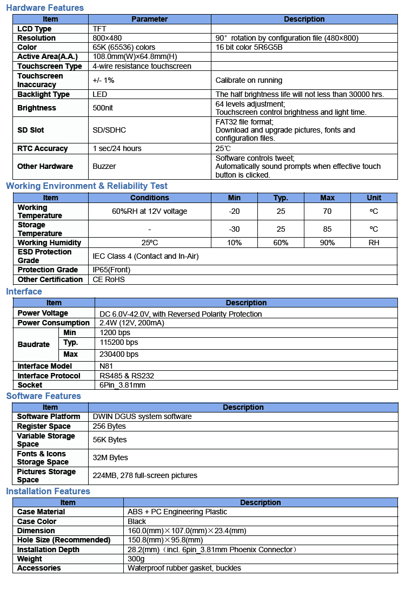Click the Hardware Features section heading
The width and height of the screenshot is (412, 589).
pyautogui.click(x=45, y=8)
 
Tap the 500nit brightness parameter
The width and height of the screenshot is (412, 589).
pyautogui.click(x=103, y=108)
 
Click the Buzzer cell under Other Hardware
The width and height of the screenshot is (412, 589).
pyautogui.click(x=104, y=166)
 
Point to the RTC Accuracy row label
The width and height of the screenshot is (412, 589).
pyautogui.click(x=43, y=148)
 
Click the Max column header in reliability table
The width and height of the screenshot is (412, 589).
pyautogui.click(x=327, y=198)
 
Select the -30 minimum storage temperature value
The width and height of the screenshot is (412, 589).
pyautogui.click(x=234, y=229)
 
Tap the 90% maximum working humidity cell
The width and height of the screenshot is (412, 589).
pyautogui.click(x=327, y=243)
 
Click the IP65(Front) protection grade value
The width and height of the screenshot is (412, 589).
pyautogui.click(x=112, y=270)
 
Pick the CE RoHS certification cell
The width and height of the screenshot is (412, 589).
pyautogui.click(x=109, y=279)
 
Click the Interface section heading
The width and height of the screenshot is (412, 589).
pyautogui.click(x=24, y=291)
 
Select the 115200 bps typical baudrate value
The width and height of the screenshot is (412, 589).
pyautogui.click(x=119, y=342)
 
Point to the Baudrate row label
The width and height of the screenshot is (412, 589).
pyautogui.click(x=34, y=344)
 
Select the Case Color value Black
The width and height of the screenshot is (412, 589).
pyautogui.click(x=137, y=521)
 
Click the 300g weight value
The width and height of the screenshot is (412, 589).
pyautogui.click(x=136, y=559)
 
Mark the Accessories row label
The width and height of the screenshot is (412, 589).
pyautogui.click(x=39, y=568)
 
